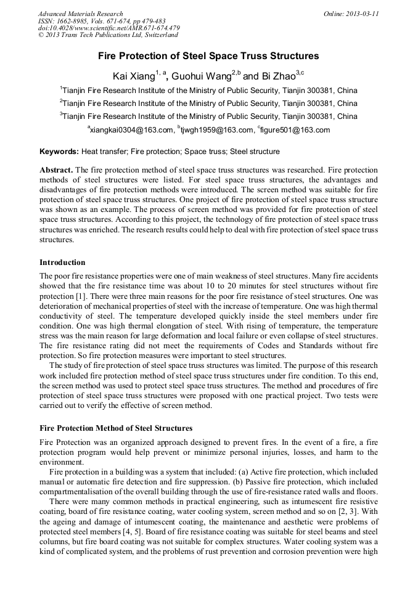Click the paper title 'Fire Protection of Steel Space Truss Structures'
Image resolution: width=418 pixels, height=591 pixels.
(x=208, y=56)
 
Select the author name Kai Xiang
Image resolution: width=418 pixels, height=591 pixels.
(x=133, y=76)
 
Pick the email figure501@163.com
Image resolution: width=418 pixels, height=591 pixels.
(x=295, y=130)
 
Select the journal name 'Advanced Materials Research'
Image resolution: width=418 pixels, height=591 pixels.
(x=80, y=14)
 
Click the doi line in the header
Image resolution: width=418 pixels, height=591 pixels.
(x=109, y=28)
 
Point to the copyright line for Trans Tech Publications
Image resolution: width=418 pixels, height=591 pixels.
(x=108, y=36)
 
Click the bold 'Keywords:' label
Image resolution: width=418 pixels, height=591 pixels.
(x=59, y=151)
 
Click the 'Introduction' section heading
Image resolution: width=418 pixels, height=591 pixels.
(x=62, y=262)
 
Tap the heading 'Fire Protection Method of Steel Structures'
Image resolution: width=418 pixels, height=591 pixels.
(x=116, y=428)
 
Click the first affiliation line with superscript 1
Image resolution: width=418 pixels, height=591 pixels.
(x=208, y=90)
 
